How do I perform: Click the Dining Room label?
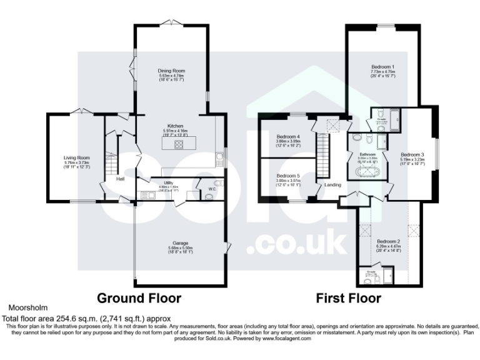[171, 71]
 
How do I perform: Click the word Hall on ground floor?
[119, 179]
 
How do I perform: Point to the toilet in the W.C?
[208, 196]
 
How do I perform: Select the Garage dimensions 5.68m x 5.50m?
[171, 248]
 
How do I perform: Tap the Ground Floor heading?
[138, 297]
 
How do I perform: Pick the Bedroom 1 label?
[382, 66]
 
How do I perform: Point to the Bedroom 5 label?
[288, 176]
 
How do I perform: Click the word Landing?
[332, 184]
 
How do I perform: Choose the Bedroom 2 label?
[388, 241]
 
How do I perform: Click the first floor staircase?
[324, 157]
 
